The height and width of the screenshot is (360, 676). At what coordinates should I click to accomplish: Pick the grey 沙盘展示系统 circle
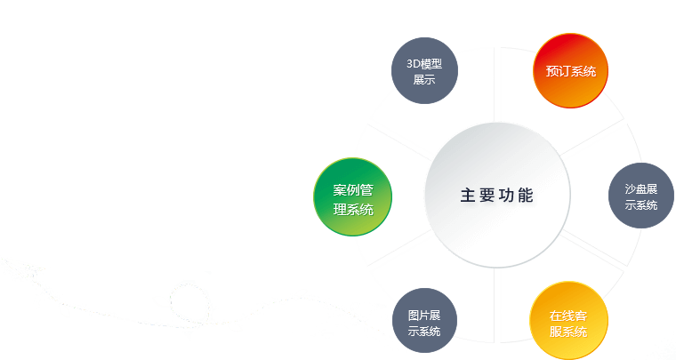pyautogui.click(x=640, y=197)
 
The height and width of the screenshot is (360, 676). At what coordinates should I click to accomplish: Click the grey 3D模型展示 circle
pyautogui.click(x=424, y=72)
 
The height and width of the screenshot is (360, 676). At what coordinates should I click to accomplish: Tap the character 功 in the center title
pyautogui.click(x=508, y=196)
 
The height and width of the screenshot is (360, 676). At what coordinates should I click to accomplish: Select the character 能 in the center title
pyautogui.click(x=527, y=196)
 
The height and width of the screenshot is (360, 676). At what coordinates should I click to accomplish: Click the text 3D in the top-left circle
pyautogui.click(x=413, y=64)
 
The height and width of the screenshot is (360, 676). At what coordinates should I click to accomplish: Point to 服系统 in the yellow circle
pyautogui.click(x=568, y=332)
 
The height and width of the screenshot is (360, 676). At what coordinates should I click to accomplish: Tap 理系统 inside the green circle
pyautogui.click(x=352, y=210)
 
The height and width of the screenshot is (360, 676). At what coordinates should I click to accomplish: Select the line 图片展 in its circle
pyautogui.click(x=425, y=316)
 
